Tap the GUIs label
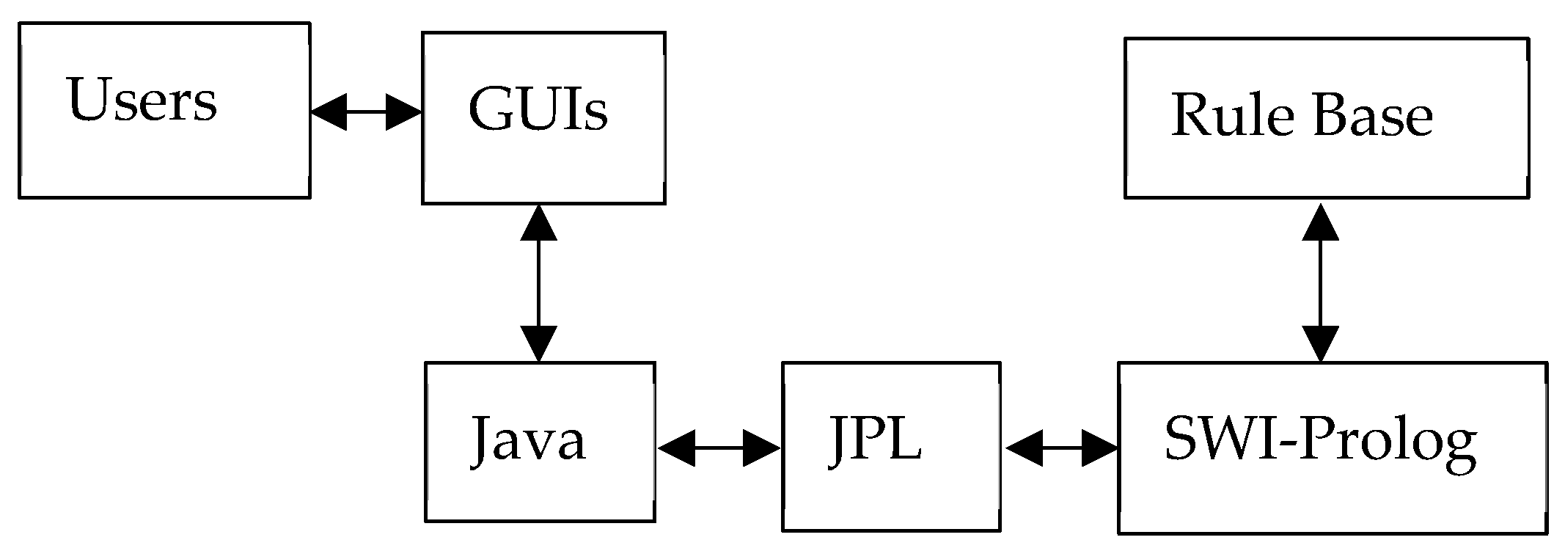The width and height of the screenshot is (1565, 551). pos(538,110)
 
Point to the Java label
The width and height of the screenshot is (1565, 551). pos(528,439)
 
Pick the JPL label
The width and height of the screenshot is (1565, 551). pos(876,439)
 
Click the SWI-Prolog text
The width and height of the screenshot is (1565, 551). pos(1319,441)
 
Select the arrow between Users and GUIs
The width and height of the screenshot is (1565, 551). pos(365,112)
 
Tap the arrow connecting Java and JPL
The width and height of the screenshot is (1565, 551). pos(719,448)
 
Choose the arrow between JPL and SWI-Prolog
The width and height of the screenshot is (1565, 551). pos(1061,448)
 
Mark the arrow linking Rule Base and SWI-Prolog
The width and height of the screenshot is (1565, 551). pos(1320,282)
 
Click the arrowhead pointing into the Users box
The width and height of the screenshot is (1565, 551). pos(328,112)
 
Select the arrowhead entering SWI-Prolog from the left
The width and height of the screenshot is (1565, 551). pos(1099,448)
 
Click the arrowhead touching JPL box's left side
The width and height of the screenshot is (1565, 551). pos(761,448)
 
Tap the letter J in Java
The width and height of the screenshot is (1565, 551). pos(480,440)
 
